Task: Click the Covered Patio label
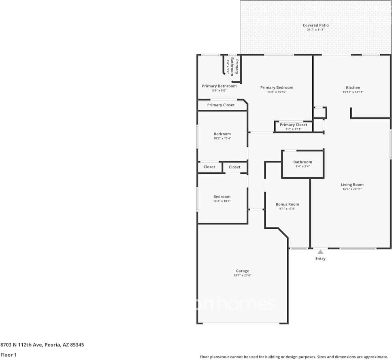[316, 25]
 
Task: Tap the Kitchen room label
[353, 87]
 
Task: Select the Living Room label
[352, 185]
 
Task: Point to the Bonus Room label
[287, 204]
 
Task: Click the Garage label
[242, 271]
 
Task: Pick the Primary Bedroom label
[277, 87]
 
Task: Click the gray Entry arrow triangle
[320, 252]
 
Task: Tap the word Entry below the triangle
[320, 259]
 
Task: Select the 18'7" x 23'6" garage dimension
[242, 275]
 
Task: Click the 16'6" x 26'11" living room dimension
[352, 189]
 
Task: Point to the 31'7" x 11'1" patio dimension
[316, 30]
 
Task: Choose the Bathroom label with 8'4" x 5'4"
[303, 162]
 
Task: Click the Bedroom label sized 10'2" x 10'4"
[222, 134]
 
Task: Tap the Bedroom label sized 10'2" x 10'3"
[222, 197]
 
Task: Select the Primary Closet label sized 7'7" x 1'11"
[293, 125]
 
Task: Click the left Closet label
[209, 167]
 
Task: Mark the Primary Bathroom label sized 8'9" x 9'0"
[219, 86]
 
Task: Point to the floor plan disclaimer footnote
[294, 357]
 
